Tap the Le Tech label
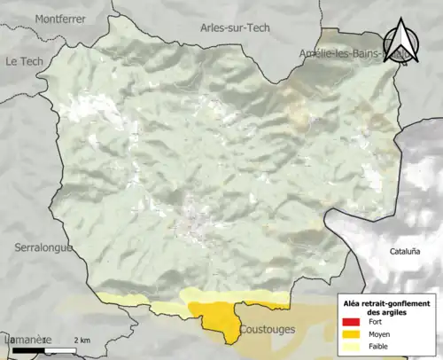24,61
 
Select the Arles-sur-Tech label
235,28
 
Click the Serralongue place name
43,248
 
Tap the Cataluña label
404,251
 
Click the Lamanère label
25,340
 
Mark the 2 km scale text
82,340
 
